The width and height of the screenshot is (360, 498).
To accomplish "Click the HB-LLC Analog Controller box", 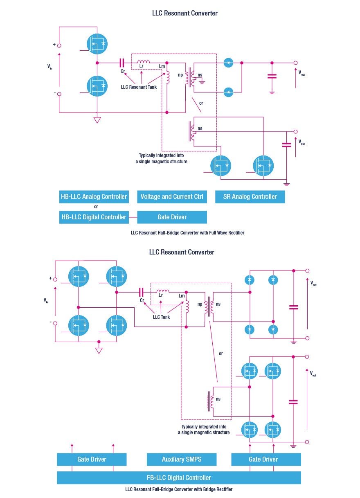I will (x=94, y=196).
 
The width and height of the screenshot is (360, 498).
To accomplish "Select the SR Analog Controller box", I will (x=250, y=196).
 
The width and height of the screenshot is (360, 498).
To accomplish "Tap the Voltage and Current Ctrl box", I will (x=172, y=196).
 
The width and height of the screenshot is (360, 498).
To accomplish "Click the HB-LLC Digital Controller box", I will (x=94, y=217).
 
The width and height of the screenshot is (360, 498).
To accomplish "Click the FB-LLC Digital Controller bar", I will (x=179, y=478).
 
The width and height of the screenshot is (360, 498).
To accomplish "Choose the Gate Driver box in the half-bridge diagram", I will (x=172, y=217).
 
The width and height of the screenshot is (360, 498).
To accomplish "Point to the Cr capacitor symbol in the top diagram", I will (x=122, y=63).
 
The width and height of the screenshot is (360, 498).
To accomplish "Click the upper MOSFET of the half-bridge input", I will (x=97, y=43).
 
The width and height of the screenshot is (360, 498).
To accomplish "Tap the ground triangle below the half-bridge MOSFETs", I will (x=97, y=120).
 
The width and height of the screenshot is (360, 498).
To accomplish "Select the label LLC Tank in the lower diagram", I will (x=162, y=317).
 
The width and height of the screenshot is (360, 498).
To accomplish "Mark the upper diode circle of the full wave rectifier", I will (x=229, y=63).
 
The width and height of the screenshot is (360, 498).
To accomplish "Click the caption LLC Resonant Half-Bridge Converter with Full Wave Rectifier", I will (x=187, y=232).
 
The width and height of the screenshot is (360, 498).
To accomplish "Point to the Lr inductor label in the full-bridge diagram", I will (x=161, y=295).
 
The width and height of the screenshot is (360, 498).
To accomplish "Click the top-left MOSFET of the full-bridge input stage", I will (x=78, y=276).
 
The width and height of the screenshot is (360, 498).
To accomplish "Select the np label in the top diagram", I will (x=181, y=75).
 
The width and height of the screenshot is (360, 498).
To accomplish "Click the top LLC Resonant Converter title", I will (x=184, y=13).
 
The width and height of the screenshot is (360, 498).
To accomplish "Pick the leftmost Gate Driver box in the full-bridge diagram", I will (x=92, y=459).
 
